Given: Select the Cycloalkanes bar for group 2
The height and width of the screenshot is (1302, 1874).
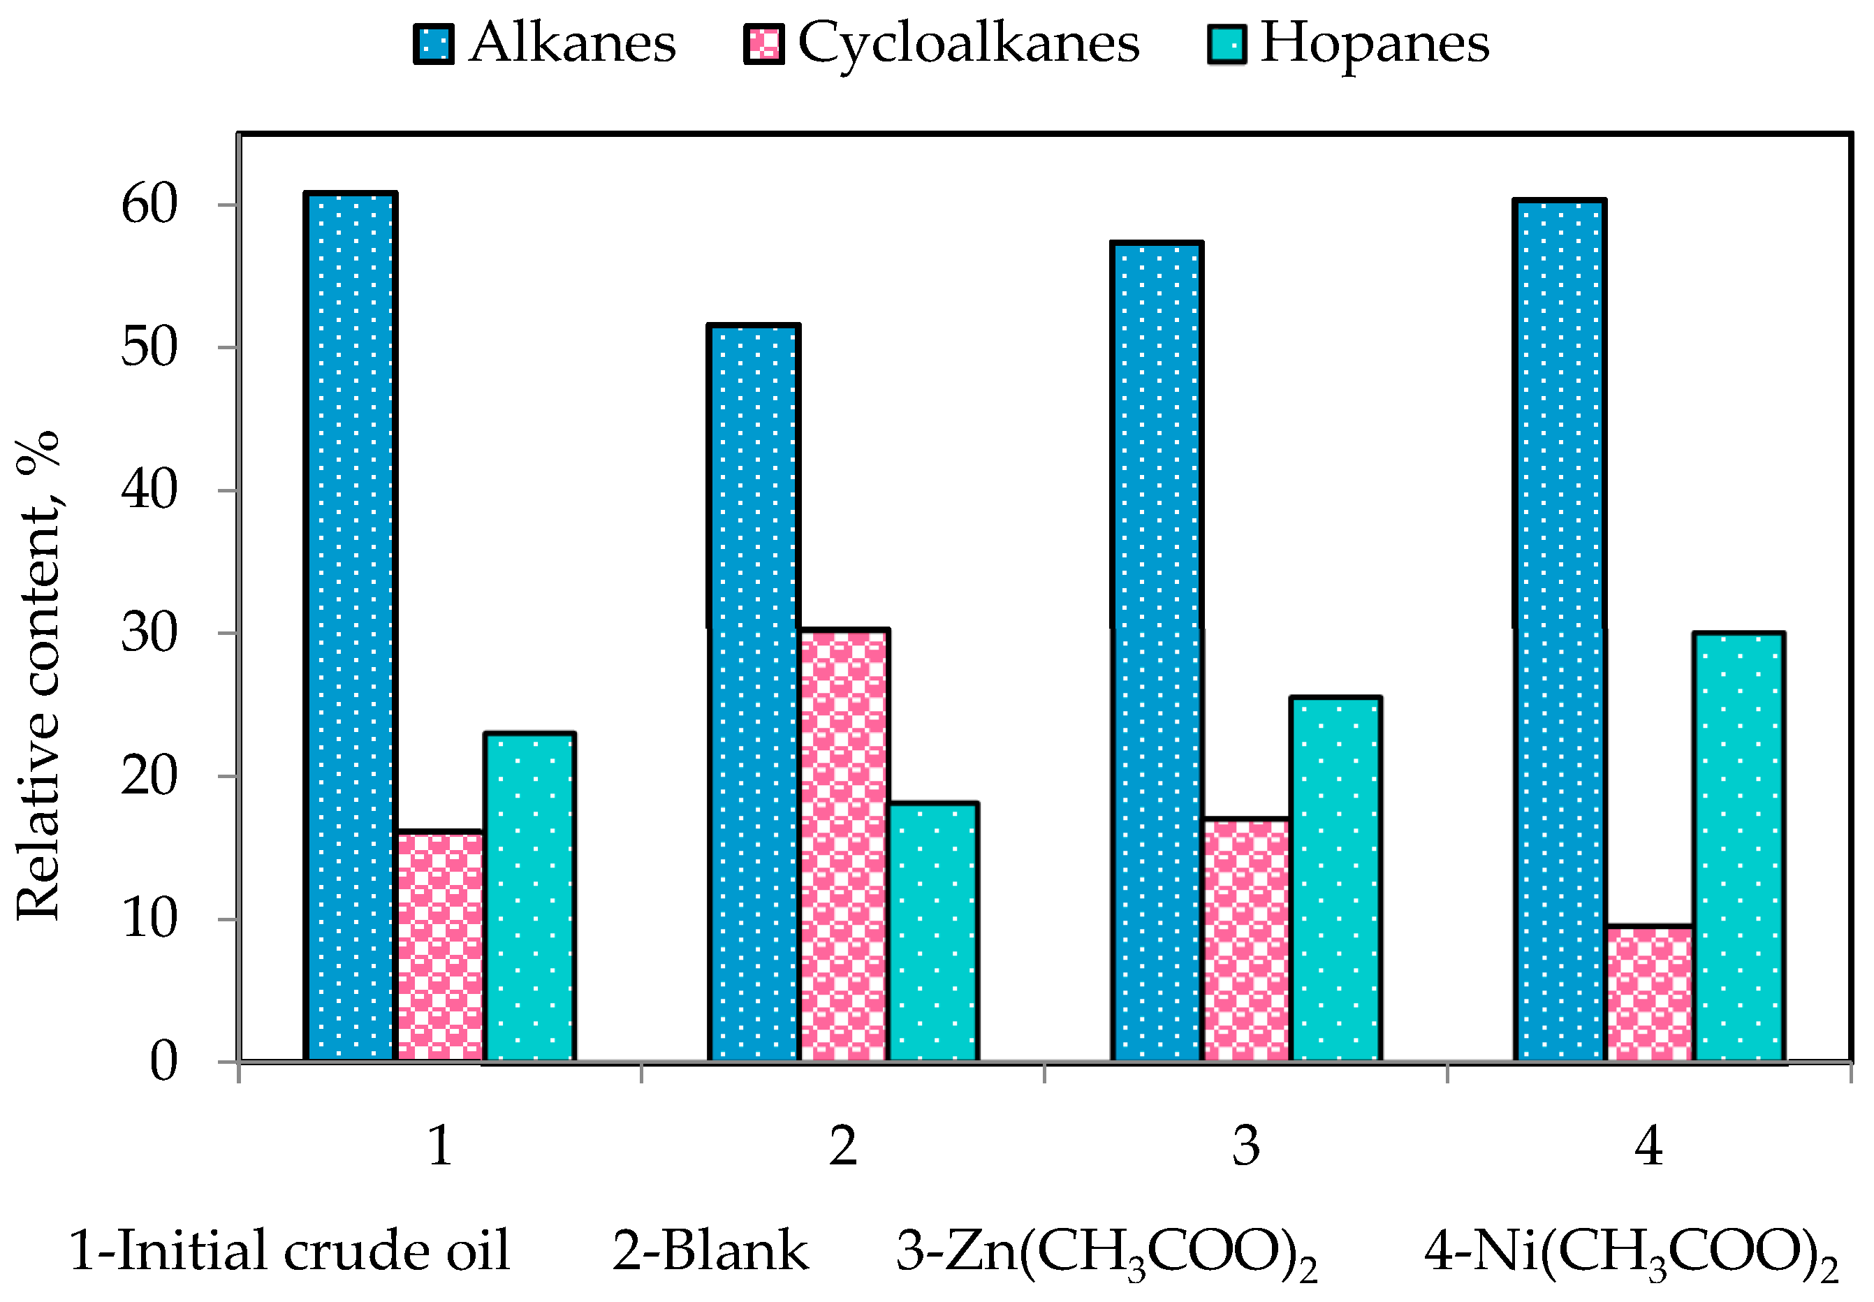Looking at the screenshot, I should [x=843, y=844].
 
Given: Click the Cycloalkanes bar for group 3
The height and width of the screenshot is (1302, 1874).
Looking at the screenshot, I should [x=1246, y=939].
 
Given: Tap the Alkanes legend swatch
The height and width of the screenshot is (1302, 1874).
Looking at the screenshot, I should [x=433, y=44].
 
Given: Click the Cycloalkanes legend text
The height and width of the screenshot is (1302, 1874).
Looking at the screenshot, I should [x=967, y=43].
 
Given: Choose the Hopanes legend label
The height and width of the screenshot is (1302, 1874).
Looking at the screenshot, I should [x=1374, y=43].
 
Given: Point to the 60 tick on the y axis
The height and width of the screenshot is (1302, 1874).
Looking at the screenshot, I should [x=149, y=205].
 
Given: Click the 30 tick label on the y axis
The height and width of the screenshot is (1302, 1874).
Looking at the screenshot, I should [x=149, y=633].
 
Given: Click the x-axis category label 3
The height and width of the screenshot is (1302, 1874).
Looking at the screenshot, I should [x=1246, y=1146].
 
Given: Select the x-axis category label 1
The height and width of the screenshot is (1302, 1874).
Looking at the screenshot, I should [x=440, y=1146].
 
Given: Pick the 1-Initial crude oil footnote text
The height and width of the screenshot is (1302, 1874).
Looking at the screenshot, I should [x=290, y=1250].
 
